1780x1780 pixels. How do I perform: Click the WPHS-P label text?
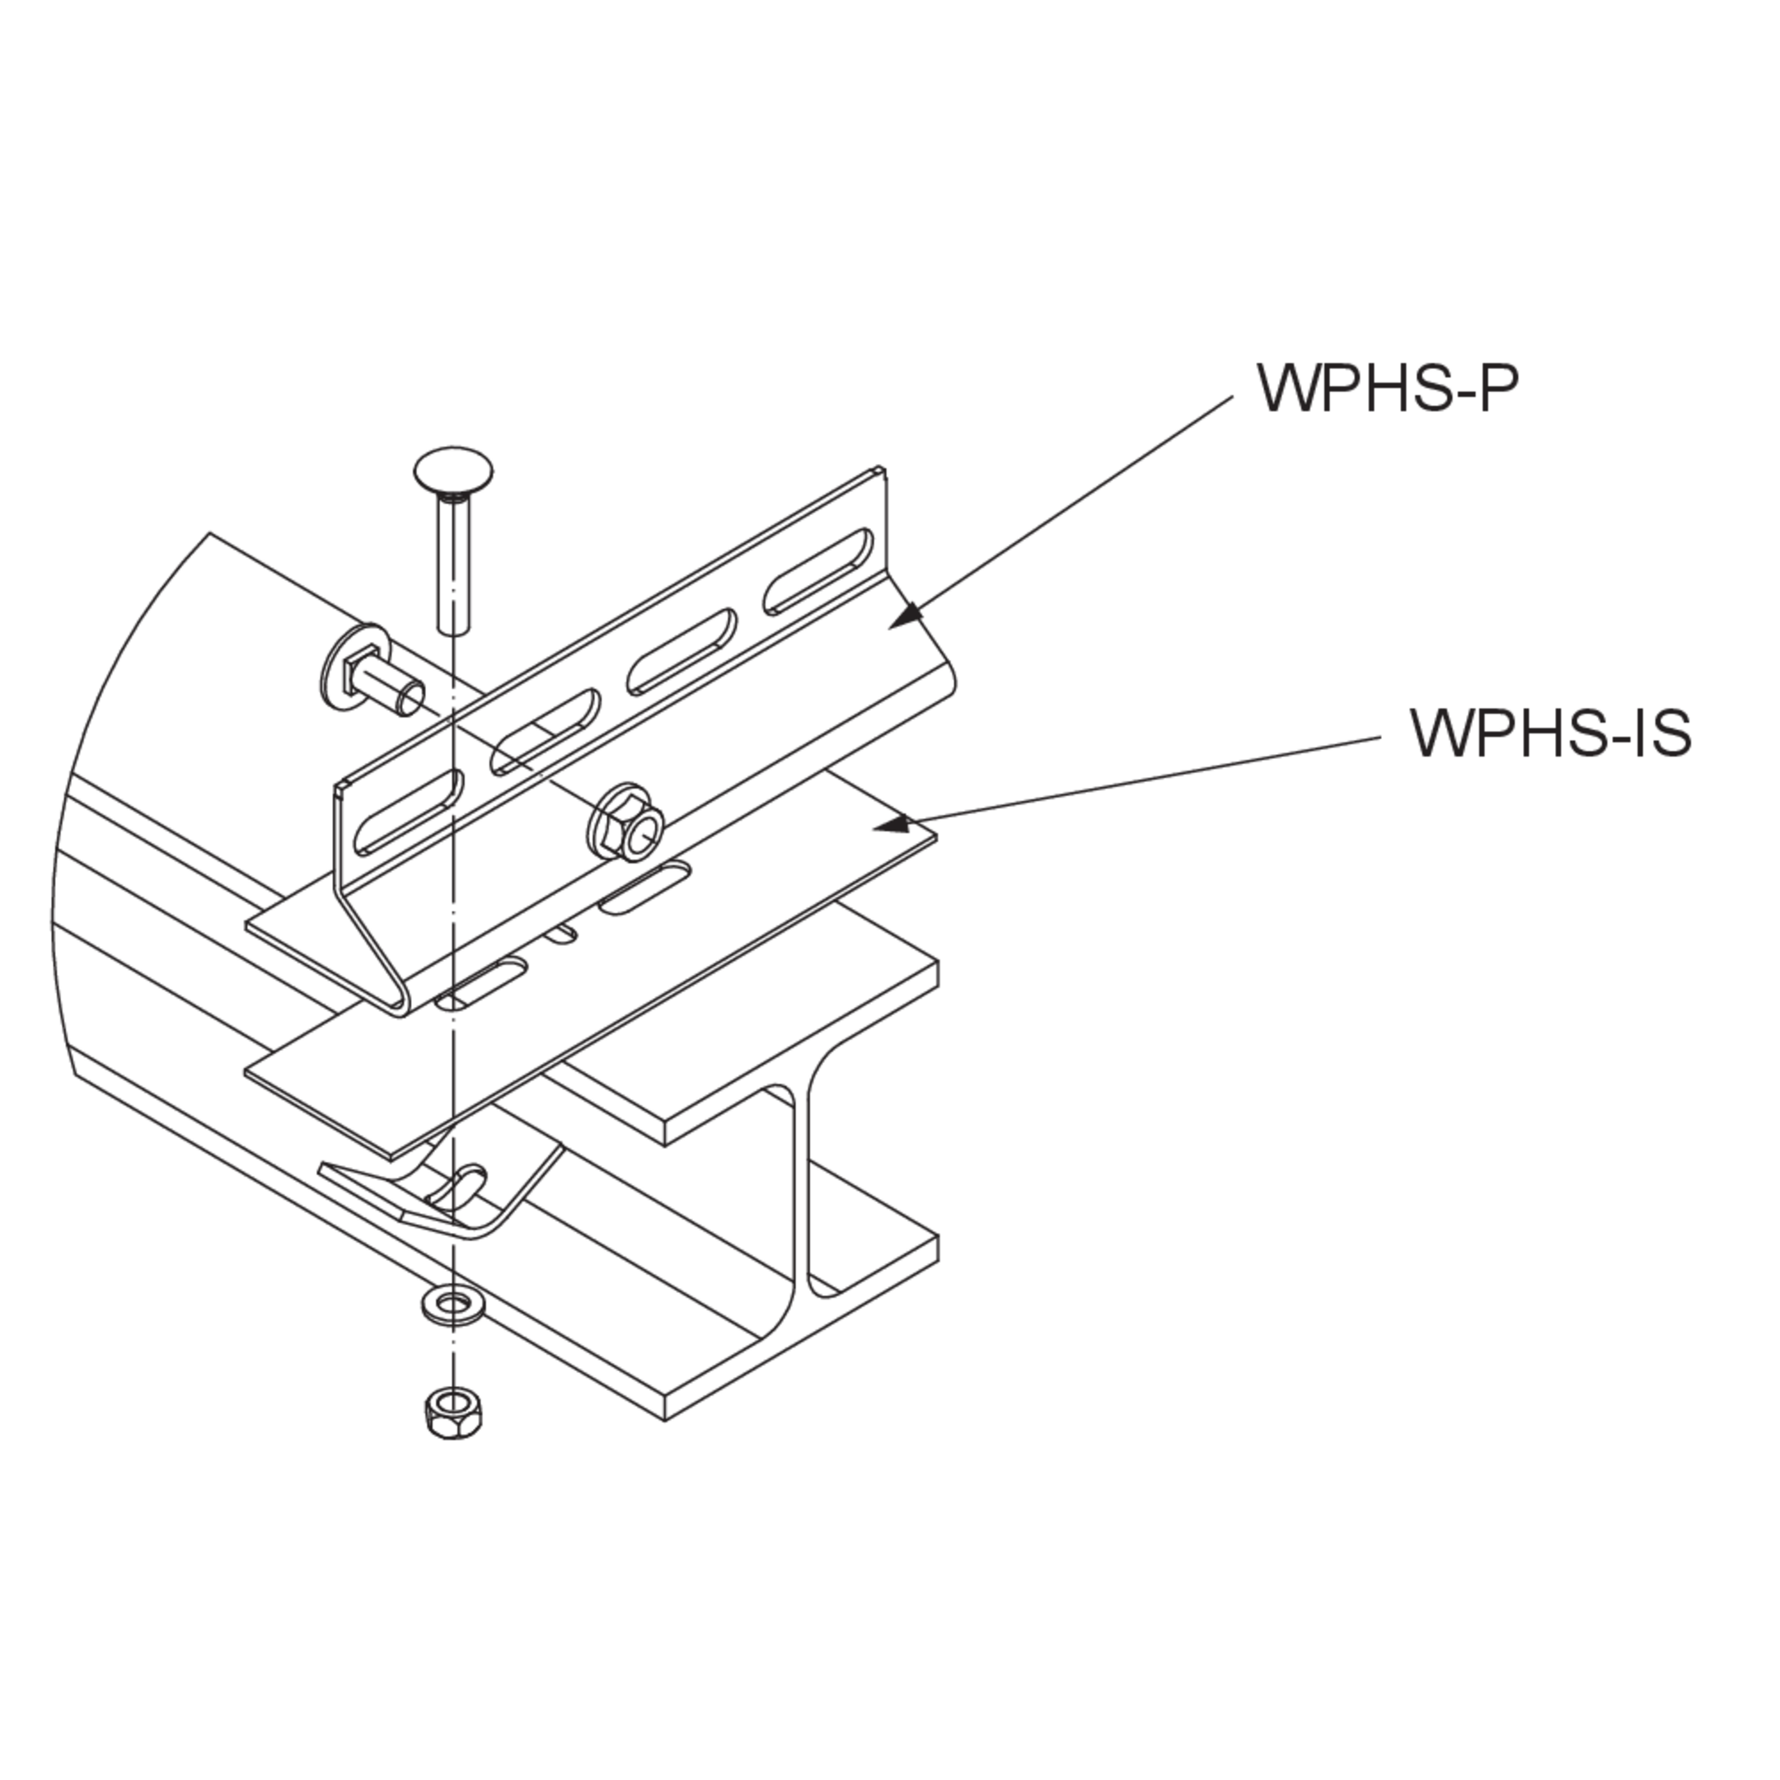pyautogui.click(x=1387, y=389)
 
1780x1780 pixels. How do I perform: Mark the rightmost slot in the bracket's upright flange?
pyautogui.click(x=817, y=571)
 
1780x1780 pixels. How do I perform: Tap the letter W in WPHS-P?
pyautogui.click(x=1286, y=389)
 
